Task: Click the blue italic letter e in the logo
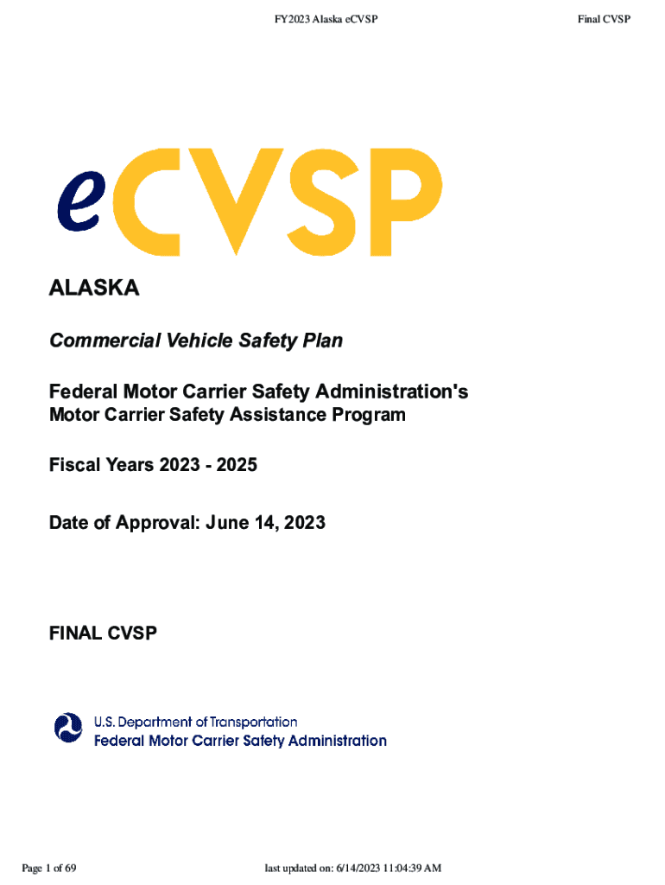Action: click(x=78, y=201)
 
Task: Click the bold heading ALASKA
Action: click(x=94, y=289)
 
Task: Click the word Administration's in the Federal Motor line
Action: click(x=396, y=392)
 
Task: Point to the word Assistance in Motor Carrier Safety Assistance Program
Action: click(x=275, y=415)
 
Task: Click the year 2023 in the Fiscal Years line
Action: click(x=179, y=465)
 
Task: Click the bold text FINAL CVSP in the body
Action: click(x=103, y=634)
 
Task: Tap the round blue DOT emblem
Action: click(x=67, y=728)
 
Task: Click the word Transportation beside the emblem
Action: click(x=254, y=722)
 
